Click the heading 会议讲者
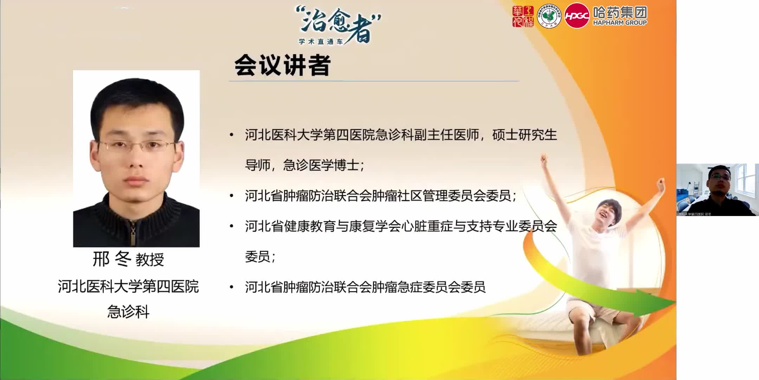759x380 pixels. coord(283,65)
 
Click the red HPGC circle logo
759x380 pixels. coord(577,16)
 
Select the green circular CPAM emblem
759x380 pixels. coord(549,16)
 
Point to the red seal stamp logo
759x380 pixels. coord(523,16)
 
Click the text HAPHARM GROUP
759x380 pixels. coord(620,23)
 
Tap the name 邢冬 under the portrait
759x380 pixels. coord(112,259)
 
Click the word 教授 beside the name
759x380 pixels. coord(150,260)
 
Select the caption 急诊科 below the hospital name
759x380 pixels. coord(128,312)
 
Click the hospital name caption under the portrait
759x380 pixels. coord(128,286)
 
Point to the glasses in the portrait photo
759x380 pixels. coord(136,145)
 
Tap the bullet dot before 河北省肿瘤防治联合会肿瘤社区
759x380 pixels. coord(231,196)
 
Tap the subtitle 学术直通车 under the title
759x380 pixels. coord(320,42)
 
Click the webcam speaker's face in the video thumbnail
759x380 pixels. coord(719,178)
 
